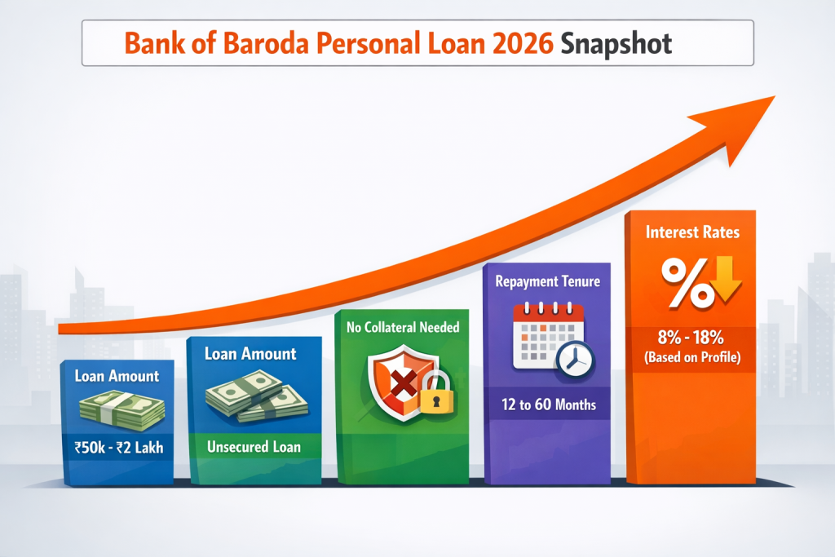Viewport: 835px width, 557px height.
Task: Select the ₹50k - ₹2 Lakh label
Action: coord(117,446)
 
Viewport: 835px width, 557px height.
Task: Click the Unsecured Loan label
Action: coord(254,446)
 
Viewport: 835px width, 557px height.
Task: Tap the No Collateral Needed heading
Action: coord(403,328)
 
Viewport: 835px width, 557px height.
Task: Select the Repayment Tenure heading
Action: coord(546,282)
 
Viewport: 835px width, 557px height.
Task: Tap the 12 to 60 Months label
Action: coord(546,404)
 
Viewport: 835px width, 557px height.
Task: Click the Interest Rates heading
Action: coord(692,232)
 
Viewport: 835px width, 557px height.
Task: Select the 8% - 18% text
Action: coord(692,338)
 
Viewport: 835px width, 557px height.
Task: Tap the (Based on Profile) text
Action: coord(692,356)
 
